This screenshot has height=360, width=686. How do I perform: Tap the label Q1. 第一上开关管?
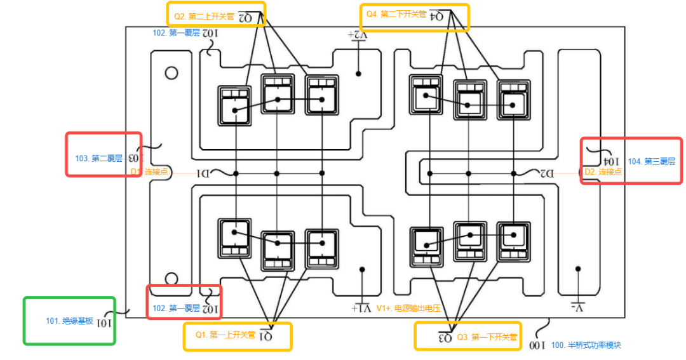pos(224,335)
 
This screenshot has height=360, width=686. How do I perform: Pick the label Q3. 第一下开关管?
pos(487,337)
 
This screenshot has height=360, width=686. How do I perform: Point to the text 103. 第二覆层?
pos(98,158)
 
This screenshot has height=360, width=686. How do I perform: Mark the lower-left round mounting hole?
pos(171,278)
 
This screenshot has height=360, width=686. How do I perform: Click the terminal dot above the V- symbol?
pos(577,269)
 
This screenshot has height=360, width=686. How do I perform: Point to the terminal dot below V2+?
pos(359,74)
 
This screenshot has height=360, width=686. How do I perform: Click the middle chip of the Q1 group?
pos(277,244)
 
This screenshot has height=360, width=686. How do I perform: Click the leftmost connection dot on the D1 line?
pos(236,173)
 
